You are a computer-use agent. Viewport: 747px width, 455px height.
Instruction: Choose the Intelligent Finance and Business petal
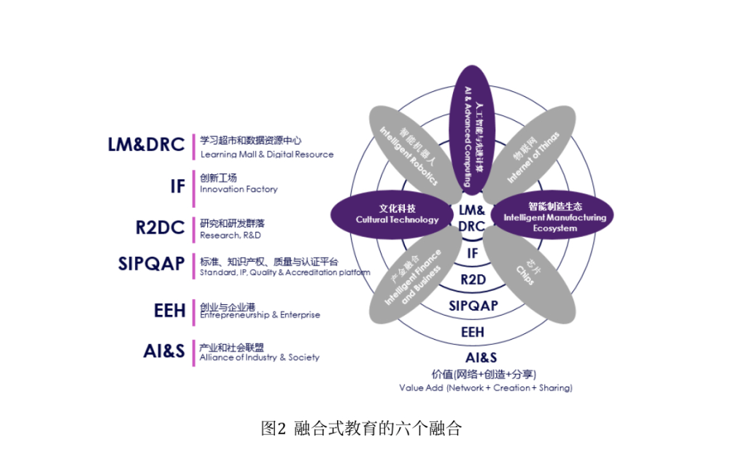(x=413, y=278)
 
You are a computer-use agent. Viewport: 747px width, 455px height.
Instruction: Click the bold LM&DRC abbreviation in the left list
(x=146, y=144)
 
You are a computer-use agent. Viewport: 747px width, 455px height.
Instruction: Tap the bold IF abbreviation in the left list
(x=177, y=186)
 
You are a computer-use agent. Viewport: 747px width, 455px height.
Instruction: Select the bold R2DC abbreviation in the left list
(x=160, y=227)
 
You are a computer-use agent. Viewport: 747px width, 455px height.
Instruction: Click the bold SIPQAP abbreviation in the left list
(x=151, y=263)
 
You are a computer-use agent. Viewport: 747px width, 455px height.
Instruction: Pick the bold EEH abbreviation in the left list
(x=169, y=310)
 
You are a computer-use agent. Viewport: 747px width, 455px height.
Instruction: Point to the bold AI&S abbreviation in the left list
(x=164, y=351)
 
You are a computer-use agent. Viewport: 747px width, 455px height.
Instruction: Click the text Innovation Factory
(x=239, y=190)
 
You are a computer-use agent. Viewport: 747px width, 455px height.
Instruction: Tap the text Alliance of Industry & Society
(x=259, y=357)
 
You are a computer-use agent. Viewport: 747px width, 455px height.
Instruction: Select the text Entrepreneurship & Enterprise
(x=260, y=315)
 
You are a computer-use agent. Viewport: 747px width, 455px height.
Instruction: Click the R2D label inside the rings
(x=473, y=279)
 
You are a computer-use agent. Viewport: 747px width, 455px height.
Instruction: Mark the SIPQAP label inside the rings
(x=473, y=306)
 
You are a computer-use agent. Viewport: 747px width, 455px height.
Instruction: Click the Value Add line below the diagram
(x=485, y=388)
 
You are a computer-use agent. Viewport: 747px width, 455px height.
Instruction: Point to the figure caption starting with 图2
(x=362, y=428)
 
